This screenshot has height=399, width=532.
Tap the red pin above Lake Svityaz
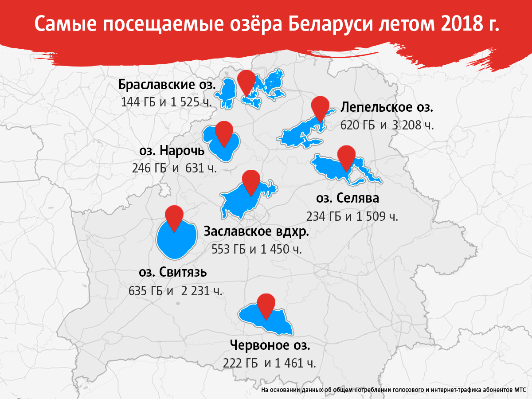tap(174, 216)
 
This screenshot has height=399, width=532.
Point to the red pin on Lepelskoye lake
tap(320, 107)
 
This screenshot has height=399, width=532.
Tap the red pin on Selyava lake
tap(346, 156)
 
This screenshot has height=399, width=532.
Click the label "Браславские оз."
tap(167, 84)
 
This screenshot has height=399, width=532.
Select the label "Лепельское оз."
tap(387, 107)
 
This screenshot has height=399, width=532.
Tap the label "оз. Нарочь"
tap(172, 151)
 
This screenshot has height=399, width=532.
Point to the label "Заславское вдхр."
tap(256, 231)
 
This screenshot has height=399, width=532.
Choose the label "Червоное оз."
tap(270, 345)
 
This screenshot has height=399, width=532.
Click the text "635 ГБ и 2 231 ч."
tap(176, 291)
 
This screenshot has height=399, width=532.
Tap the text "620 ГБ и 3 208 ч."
tap(387, 125)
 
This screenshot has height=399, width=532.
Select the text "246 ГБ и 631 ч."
tap(174, 168)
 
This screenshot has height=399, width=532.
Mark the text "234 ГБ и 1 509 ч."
tap(352, 216)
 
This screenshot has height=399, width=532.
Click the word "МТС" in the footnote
tap(519, 391)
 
